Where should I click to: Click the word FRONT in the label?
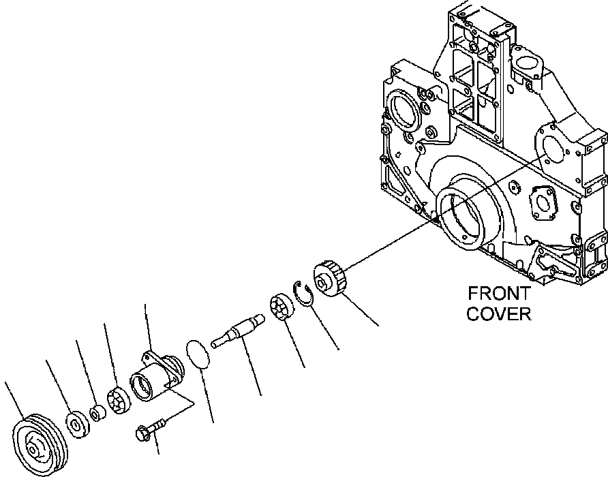click(499, 294)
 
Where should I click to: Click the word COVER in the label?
click(499, 314)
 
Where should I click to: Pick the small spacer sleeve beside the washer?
click(97, 412)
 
